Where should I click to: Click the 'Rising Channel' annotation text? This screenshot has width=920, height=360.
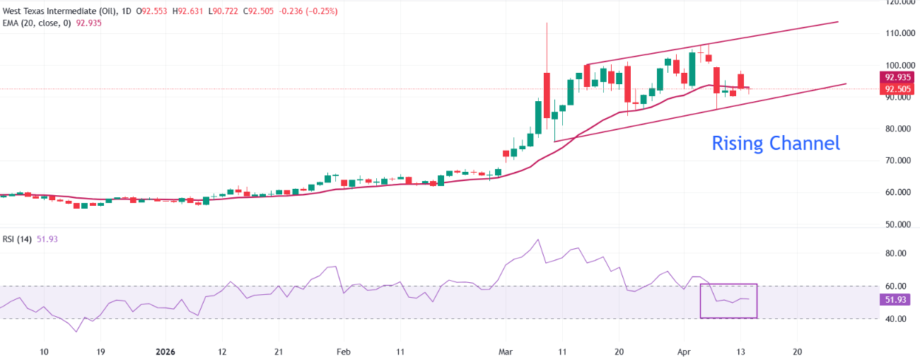(775, 144)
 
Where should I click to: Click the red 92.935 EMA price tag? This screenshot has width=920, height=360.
(896, 77)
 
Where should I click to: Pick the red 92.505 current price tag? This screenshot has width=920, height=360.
(896, 89)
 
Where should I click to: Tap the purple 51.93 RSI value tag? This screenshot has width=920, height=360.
(896, 300)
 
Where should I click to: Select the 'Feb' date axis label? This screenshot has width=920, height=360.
(344, 352)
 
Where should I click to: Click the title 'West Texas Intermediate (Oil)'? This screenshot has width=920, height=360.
(59, 11)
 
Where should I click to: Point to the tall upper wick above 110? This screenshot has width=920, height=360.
(547, 42)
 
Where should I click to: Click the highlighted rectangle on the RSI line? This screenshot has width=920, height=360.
(728, 301)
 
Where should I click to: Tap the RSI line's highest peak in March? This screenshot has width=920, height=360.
(538, 240)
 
